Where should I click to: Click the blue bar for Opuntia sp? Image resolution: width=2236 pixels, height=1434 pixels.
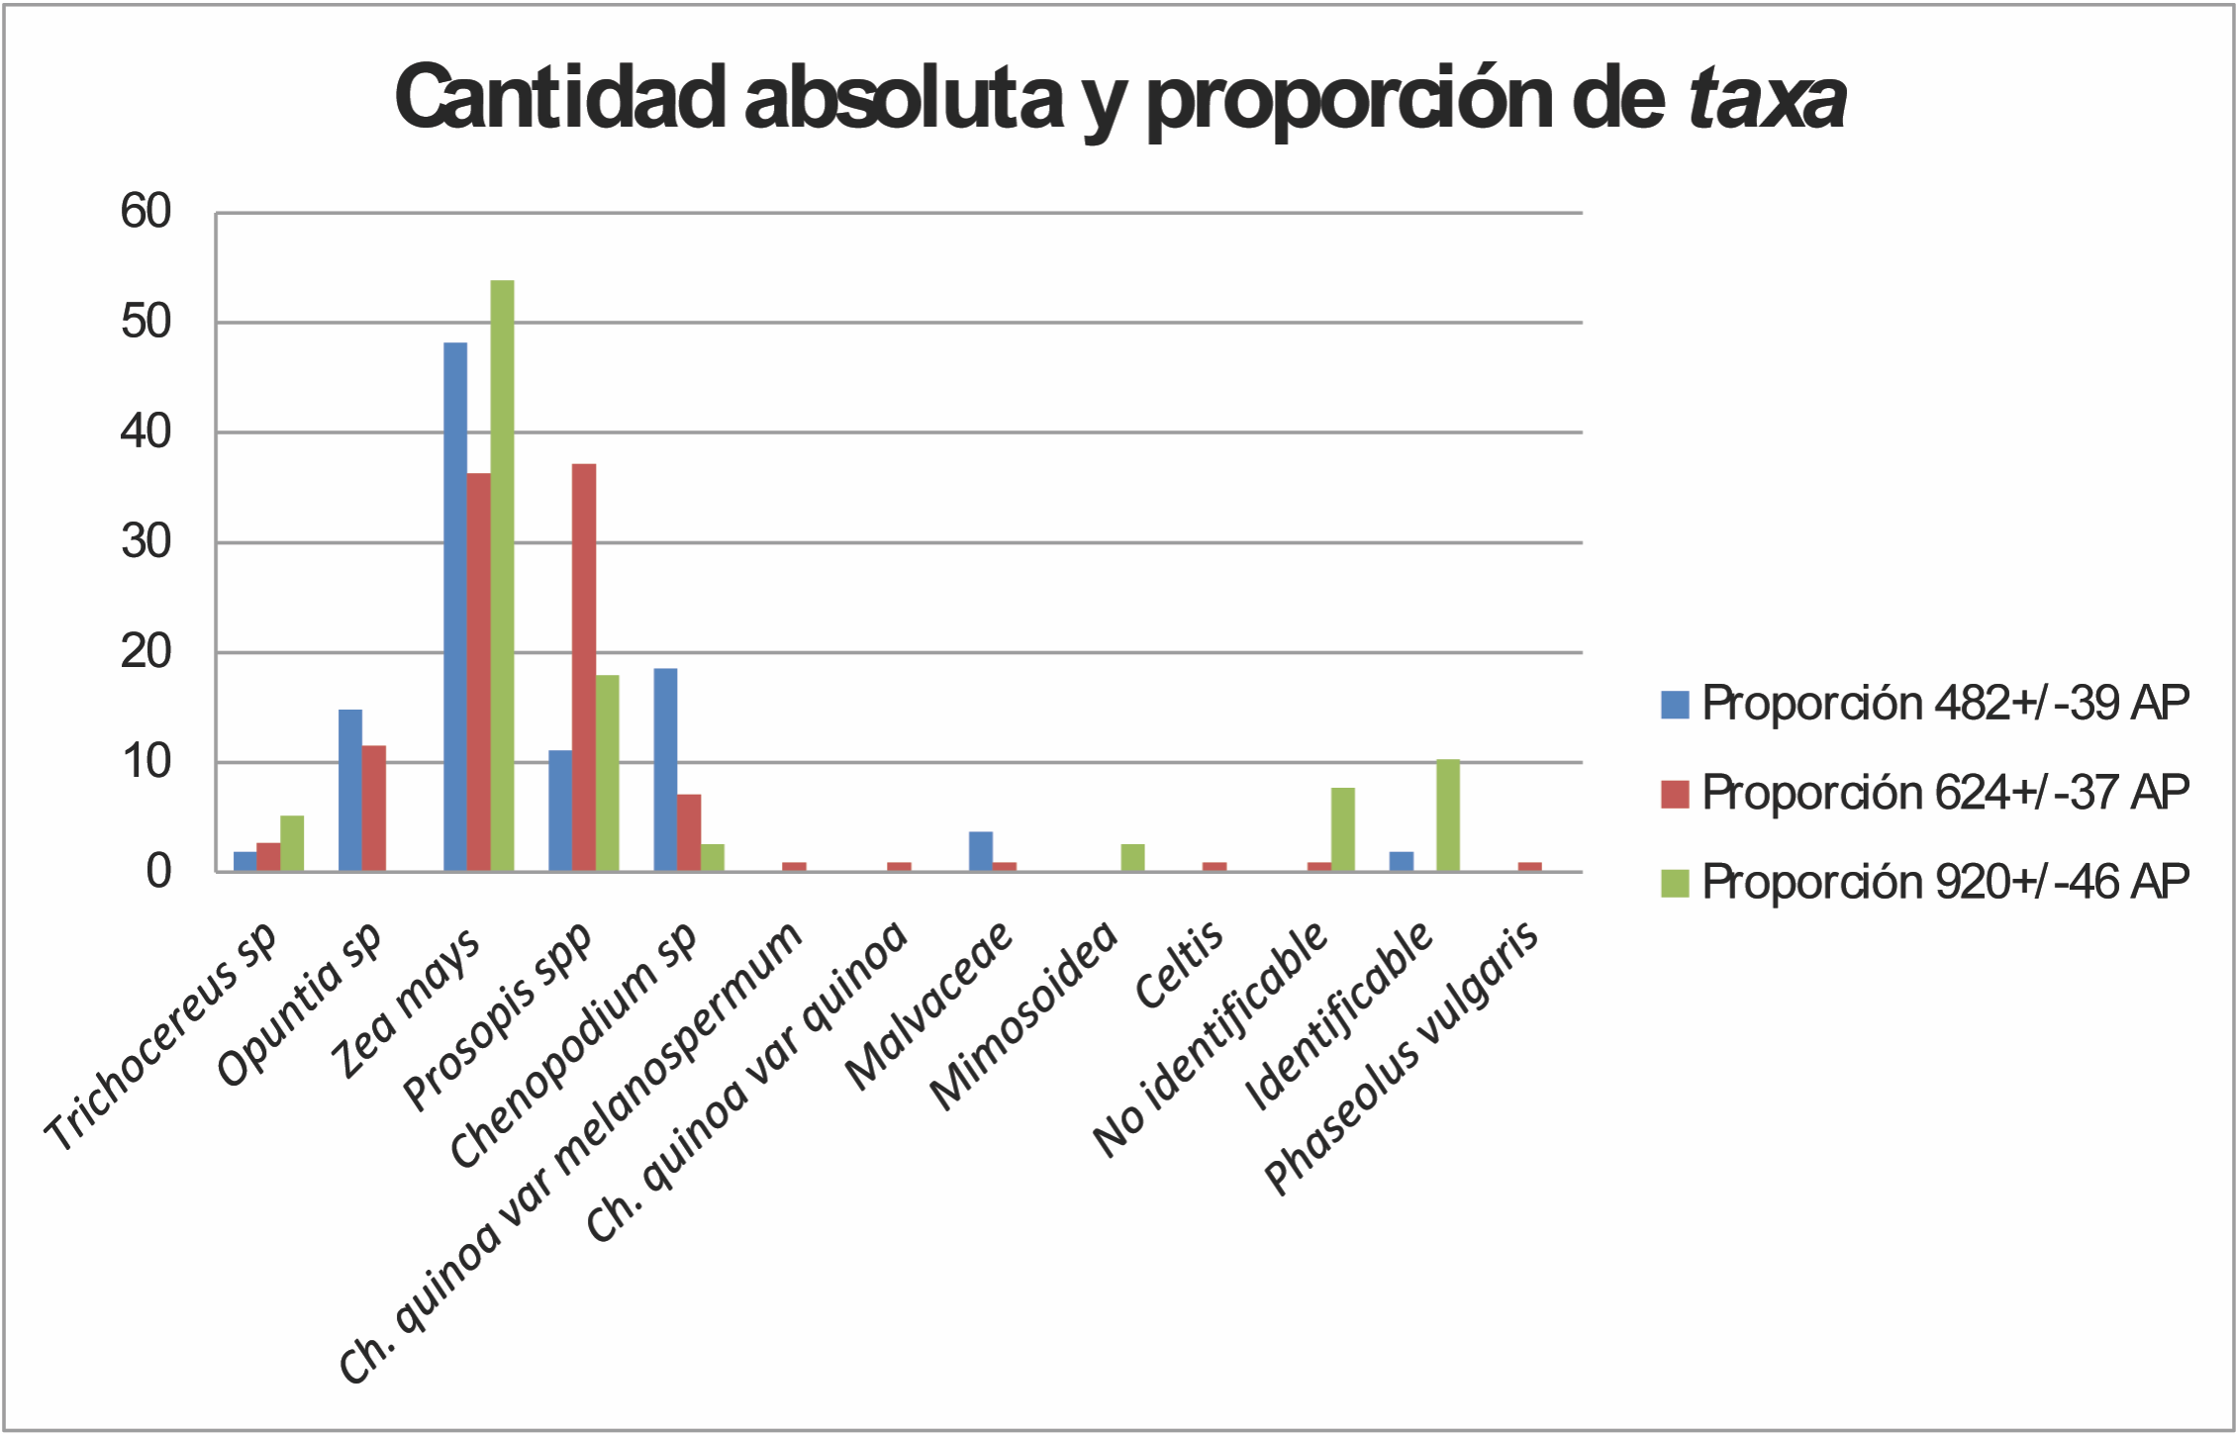(350, 791)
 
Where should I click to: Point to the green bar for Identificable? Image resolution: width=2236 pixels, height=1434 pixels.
(1447, 816)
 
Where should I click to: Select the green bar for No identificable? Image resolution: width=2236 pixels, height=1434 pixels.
(1342, 830)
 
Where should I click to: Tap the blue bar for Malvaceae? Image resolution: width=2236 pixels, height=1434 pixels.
(980, 852)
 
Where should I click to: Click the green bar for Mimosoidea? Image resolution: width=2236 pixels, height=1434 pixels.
(1132, 858)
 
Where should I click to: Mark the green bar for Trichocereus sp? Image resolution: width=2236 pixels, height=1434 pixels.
(292, 844)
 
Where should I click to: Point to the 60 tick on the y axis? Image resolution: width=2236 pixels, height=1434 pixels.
(146, 212)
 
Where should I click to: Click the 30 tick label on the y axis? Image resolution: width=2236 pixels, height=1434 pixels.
(146, 542)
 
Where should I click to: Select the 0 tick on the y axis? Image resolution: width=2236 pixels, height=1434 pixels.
(158, 872)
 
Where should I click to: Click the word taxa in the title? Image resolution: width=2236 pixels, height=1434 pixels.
(1766, 98)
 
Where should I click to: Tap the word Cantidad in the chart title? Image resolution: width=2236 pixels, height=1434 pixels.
(560, 98)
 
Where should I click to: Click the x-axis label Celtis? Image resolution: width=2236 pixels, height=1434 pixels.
(1180, 965)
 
